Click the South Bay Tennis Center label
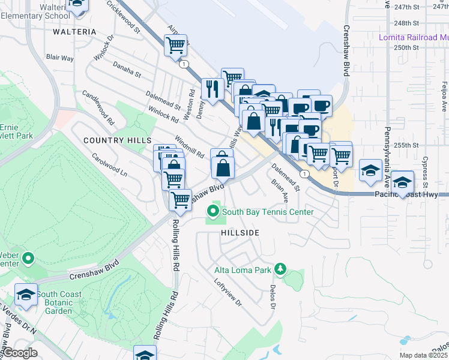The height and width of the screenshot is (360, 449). (268, 212)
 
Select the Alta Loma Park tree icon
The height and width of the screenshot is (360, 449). (279, 269)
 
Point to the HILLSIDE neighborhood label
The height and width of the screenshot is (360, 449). (240, 232)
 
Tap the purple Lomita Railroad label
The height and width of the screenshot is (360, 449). (414, 37)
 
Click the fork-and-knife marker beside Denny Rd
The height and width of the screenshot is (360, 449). (212, 89)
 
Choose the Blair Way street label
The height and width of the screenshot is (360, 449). (59, 58)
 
